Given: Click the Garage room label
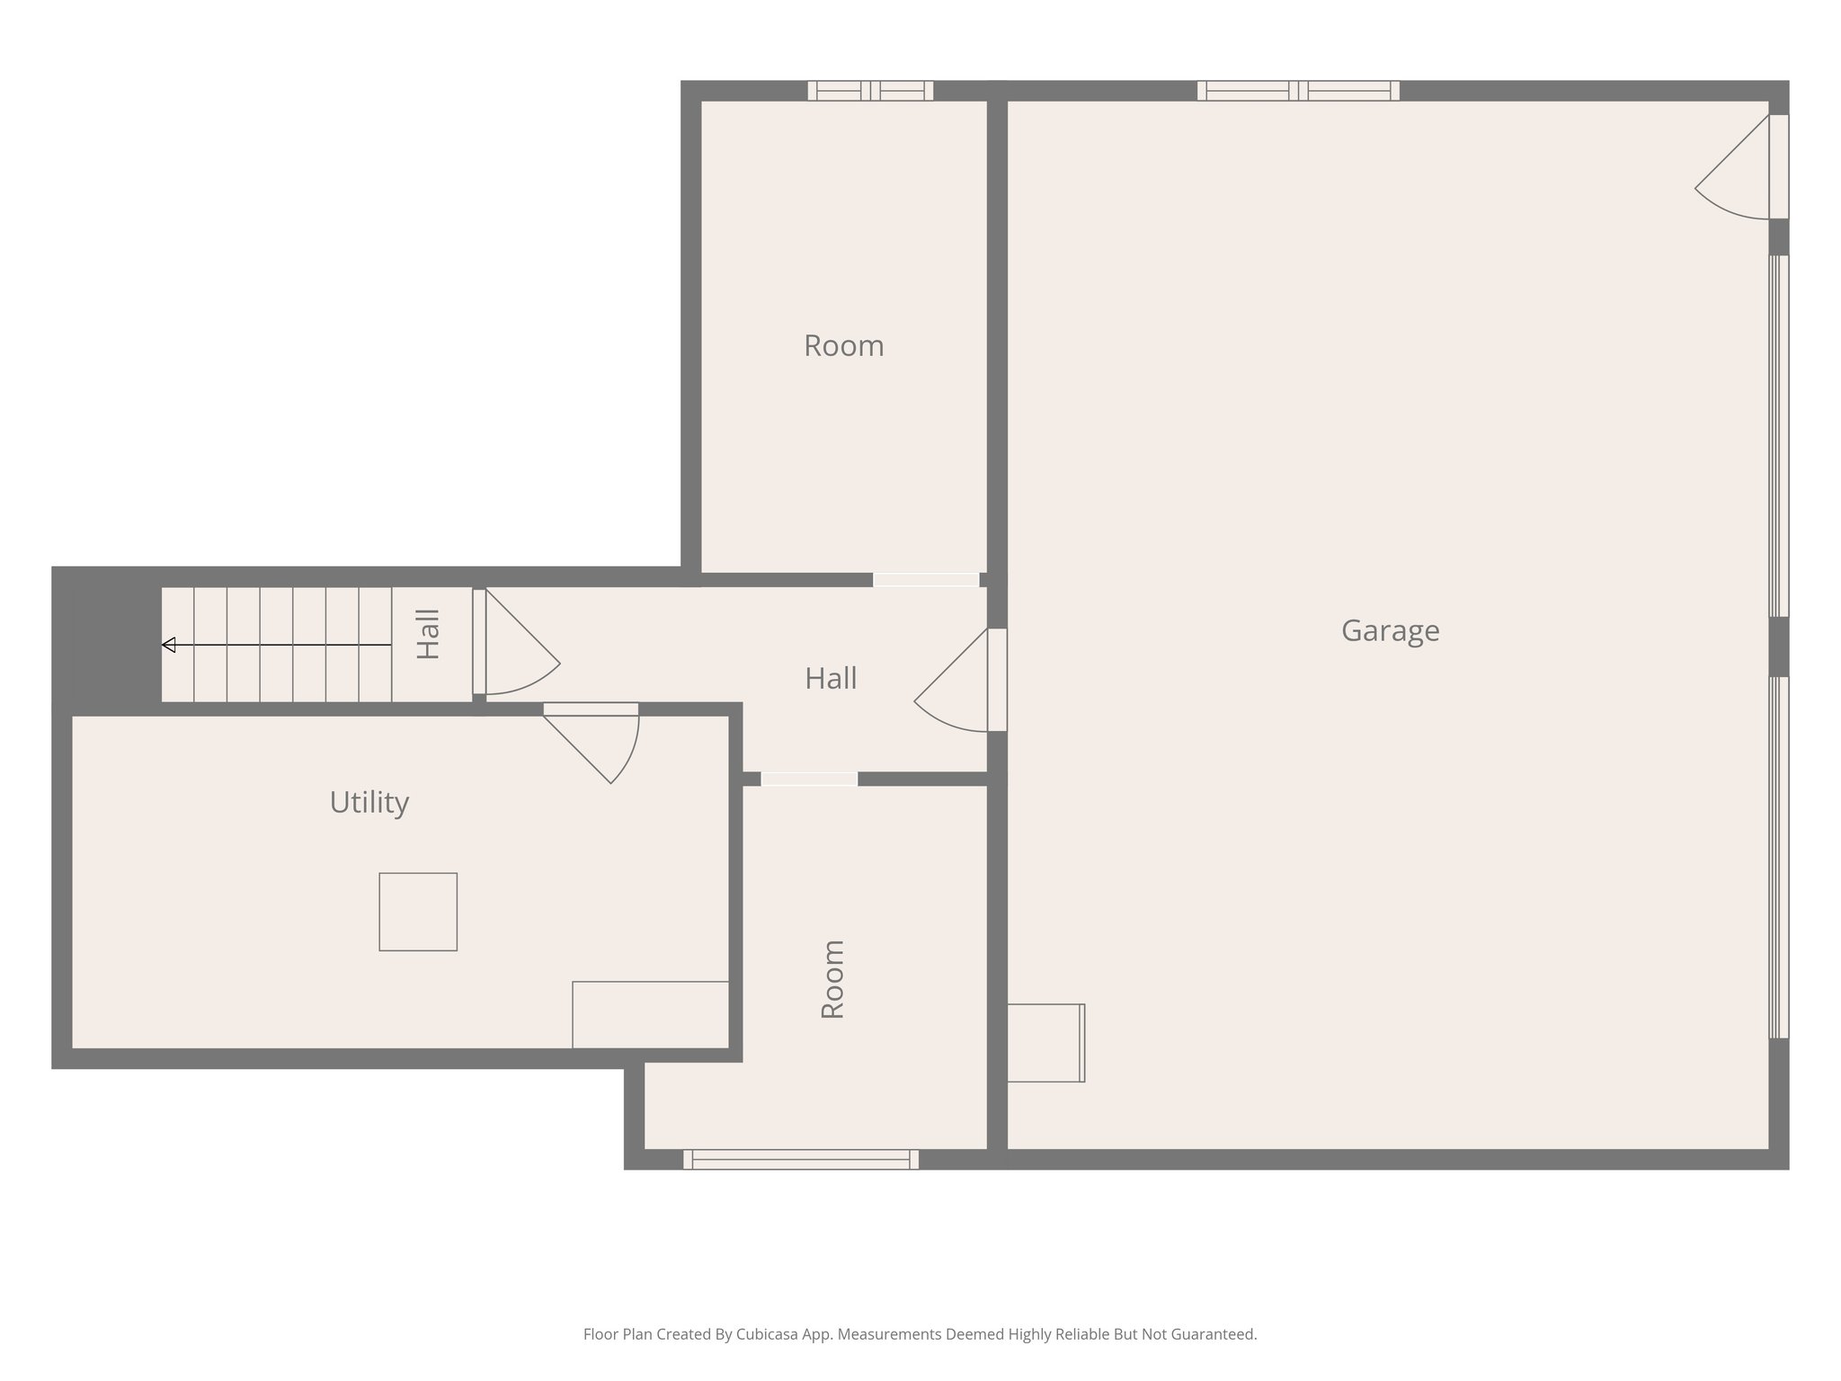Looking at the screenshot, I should pos(1390,631).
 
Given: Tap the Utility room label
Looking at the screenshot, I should pos(369,802).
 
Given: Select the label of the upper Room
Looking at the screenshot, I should pos(843,346).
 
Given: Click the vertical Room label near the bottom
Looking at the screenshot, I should pos(833,979).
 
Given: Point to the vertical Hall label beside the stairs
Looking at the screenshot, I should pos(429,635).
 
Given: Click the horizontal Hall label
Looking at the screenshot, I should pos(830,679).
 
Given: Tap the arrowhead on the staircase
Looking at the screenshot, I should pos(168,645).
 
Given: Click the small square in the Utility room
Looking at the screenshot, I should pos(418,912).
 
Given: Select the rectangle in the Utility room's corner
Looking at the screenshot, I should pos(650,1014).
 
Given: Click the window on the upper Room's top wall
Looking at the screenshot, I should pos(869,91).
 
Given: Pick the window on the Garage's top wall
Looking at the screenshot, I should pos(1297,91).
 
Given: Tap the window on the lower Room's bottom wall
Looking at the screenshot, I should pos(800,1159).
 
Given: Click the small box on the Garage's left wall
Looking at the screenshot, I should pos(1045,1043).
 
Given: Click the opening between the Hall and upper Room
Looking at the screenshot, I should pos(926,580).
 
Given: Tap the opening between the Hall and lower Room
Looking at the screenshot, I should pos(809,779).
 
